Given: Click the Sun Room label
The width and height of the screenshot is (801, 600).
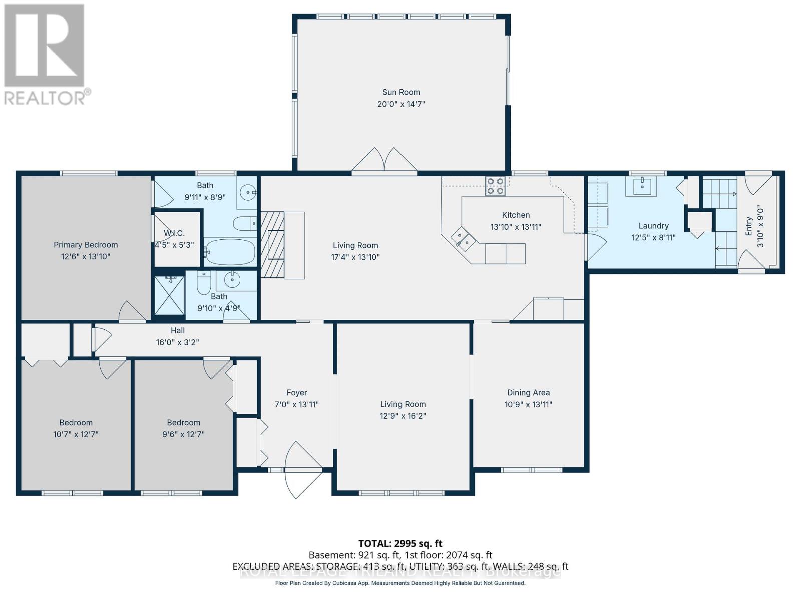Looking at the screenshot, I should coord(401,92).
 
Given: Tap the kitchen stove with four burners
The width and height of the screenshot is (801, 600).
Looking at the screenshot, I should coord(496,186).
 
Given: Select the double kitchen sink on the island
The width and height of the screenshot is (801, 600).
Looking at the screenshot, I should coord(463,238).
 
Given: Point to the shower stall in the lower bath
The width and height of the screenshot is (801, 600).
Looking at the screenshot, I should coord(169,295).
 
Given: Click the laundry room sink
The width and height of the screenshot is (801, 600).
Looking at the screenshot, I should coord(641,186).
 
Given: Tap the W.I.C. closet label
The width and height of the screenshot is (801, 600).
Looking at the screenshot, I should coord(174,233).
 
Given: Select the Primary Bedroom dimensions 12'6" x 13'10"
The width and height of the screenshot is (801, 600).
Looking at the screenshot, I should coord(86,257).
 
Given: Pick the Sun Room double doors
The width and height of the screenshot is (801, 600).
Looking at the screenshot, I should coord(384,161).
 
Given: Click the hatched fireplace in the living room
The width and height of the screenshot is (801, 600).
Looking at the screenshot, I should coord(273,245).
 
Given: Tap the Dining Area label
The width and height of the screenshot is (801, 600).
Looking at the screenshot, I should coord(528,393).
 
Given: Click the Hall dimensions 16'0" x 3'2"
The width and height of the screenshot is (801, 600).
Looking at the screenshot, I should coord(177,343).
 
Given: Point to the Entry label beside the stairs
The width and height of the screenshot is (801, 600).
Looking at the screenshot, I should coord(749,226).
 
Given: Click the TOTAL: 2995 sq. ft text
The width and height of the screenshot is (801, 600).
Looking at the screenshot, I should coord(400,543).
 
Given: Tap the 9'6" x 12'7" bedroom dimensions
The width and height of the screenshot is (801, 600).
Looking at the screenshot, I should coord(184,434).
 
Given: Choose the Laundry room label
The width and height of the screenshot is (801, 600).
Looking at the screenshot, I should coord(653,226).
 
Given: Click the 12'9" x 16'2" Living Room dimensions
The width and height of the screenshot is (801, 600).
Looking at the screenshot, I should coord(403,416).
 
